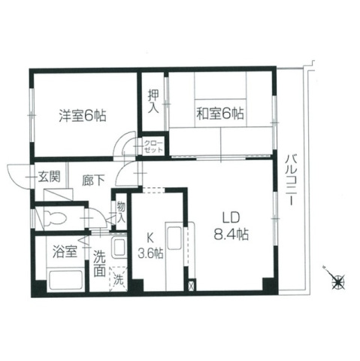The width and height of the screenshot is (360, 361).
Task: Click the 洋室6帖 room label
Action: (x=83, y=116)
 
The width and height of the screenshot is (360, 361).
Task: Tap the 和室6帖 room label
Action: (x=220, y=114)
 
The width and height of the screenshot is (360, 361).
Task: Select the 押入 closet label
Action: (x=152, y=101)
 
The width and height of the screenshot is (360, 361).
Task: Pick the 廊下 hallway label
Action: (x=93, y=180)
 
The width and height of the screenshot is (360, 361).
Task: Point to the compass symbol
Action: (x=338, y=281)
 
